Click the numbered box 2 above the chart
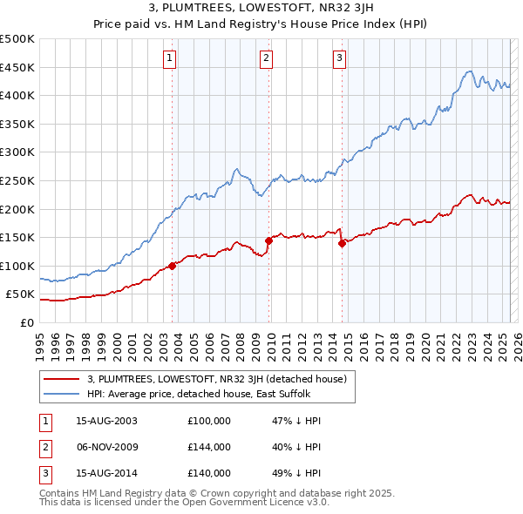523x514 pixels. tap(265, 58)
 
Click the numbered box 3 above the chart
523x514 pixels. tap(338, 58)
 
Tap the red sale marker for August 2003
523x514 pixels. tap(173, 266)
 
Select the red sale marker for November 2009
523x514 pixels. tap(268, 240)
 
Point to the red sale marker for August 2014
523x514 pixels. tap(342, 243)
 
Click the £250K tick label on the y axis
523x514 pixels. tap(17, 180)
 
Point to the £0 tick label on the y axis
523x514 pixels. tap(27, 322)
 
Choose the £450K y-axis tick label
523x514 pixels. tap(17, 67)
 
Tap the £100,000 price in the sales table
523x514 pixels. tap(209, 421)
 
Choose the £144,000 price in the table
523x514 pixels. tap(209, 447)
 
